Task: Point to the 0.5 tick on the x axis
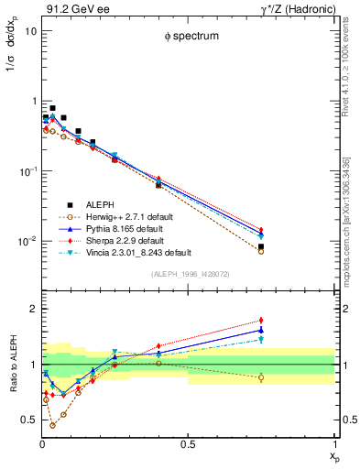coord(189,444)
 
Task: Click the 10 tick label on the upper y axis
coord(30,30)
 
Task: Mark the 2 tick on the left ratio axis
coord(32,309)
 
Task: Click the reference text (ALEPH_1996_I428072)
coord(189,274)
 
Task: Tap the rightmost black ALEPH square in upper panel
coord(262,247)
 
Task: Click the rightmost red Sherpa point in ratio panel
coord(262,321)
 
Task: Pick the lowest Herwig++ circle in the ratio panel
coord(52,425)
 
